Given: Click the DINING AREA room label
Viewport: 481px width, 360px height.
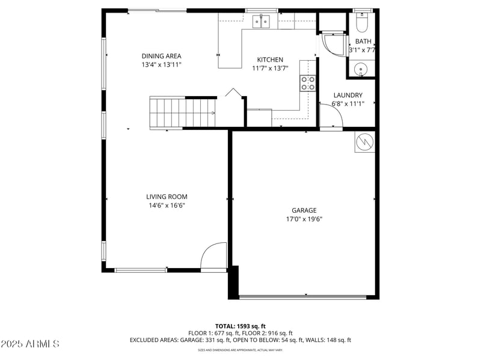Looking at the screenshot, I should click(161, 56).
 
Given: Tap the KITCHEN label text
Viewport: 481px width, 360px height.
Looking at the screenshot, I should click(270, 59).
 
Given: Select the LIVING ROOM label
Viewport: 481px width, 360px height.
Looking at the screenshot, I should click(167, 197).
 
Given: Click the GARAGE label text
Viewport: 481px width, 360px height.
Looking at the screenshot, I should click(304, 210).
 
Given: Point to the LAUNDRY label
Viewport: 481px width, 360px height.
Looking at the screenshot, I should click(348, 95).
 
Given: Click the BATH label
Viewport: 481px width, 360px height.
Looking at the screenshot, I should click(363, 41).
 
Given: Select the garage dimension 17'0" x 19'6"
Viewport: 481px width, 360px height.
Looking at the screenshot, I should click(304, 219).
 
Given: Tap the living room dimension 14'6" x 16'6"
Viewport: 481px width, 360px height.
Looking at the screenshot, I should click(167, 206).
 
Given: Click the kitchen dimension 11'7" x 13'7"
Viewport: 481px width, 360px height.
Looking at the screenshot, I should click(270, 69).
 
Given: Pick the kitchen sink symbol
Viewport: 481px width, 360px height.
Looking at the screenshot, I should click(262, 22).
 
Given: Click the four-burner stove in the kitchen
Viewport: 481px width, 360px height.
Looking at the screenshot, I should click(308, 83).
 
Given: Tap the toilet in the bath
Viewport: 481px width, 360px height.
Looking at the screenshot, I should click(361, 23).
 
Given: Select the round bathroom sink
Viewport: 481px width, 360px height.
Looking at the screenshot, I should click(361, 69).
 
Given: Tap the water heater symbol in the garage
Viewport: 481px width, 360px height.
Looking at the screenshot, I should click(365, 142).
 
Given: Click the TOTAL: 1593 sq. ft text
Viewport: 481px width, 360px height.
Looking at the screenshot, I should click(240, 326).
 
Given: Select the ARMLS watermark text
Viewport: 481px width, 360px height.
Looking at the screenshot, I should click(30, 344).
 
